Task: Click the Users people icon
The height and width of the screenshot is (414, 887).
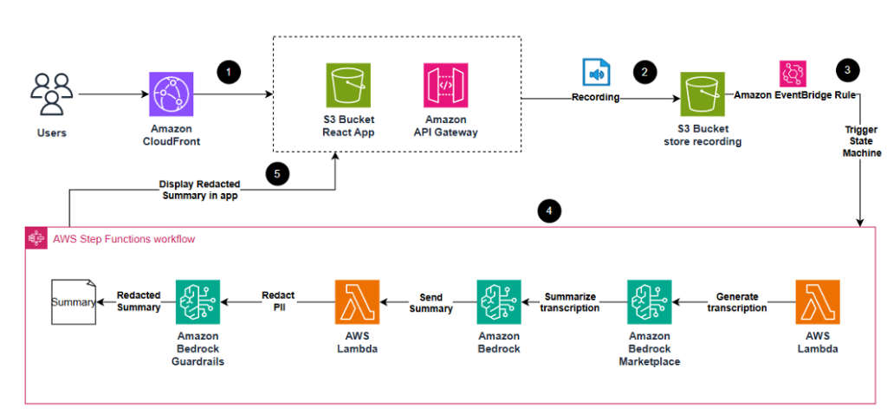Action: pos(51,94)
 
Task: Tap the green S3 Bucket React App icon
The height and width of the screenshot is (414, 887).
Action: pos(348,85)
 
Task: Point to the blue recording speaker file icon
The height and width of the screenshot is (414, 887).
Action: pos(596,72)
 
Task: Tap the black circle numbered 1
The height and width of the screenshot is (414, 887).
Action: pos(229,73)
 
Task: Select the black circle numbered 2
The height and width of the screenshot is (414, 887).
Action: pos(643,72)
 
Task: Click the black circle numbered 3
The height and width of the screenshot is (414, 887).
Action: pos(847,70)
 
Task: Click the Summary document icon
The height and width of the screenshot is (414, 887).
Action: pos(72,301)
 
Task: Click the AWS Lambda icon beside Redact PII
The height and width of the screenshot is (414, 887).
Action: pos(357,301)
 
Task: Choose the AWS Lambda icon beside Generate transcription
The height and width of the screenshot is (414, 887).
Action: pos(818,301)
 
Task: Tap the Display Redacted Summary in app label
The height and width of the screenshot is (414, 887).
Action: pos(199,190)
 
